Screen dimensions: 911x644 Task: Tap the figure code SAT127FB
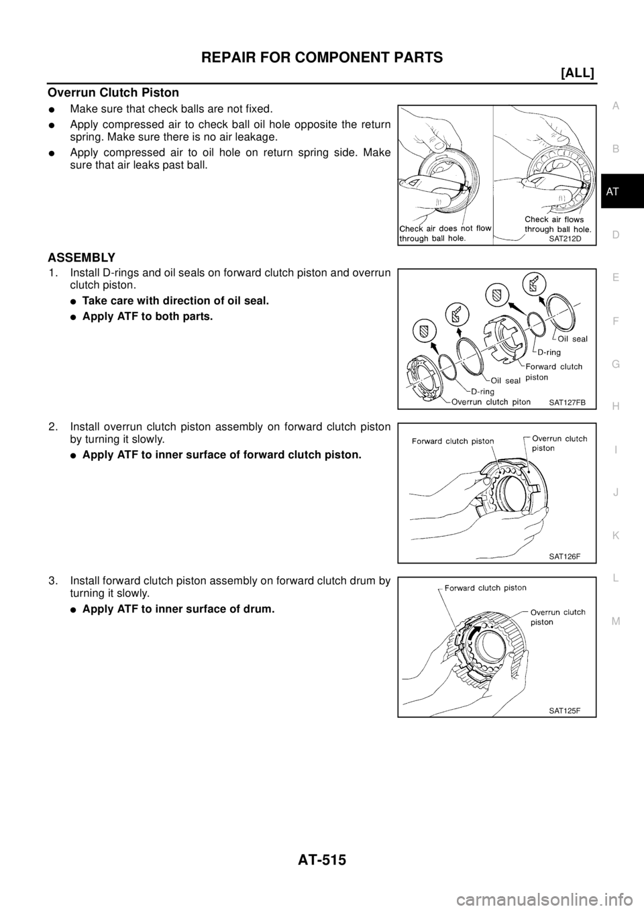(x=567, y=403)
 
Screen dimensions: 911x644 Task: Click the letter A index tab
(x=616, y=105)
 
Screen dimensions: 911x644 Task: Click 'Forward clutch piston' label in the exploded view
(x=555, y=372)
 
